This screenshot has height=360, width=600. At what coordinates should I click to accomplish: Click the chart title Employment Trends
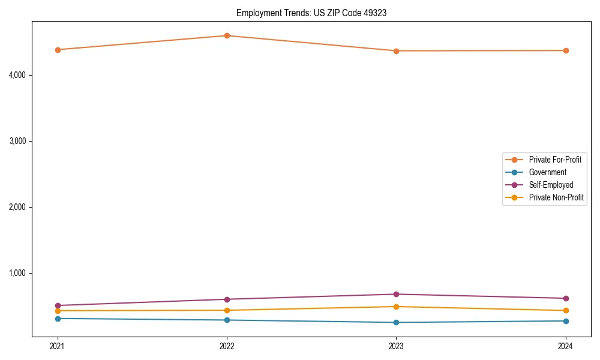click(x=311, y=13)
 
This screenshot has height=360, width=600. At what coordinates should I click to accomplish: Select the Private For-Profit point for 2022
click(x=227, y=36)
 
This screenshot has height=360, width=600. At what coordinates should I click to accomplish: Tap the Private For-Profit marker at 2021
click(x=58, y=50)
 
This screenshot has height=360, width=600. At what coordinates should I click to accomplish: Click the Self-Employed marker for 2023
click(x=396, y=294)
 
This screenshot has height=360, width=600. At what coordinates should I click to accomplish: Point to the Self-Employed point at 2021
click(x=58, y=305)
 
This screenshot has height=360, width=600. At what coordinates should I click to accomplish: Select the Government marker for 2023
click(x=396, y=322)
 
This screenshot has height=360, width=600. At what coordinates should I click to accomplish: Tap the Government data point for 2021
click(x=58, y=319)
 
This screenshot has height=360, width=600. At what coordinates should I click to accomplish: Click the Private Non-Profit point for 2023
click(x=396, y=307)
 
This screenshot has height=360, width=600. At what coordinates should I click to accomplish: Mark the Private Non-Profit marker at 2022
click(x=227, y=310)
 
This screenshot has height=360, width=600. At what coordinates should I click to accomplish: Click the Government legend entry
click(x=547, y=172)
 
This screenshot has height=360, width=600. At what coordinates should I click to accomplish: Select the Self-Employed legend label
click(x=551, y=185)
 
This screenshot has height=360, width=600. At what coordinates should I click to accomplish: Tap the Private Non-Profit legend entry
click(x=556, y=197)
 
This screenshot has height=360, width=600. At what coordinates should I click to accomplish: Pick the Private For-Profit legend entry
click(x=554, y=160)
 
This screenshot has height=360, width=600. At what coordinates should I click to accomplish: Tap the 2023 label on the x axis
click(x=396, y=346)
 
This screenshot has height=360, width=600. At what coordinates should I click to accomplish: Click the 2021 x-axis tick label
click(x=58, y=346)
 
